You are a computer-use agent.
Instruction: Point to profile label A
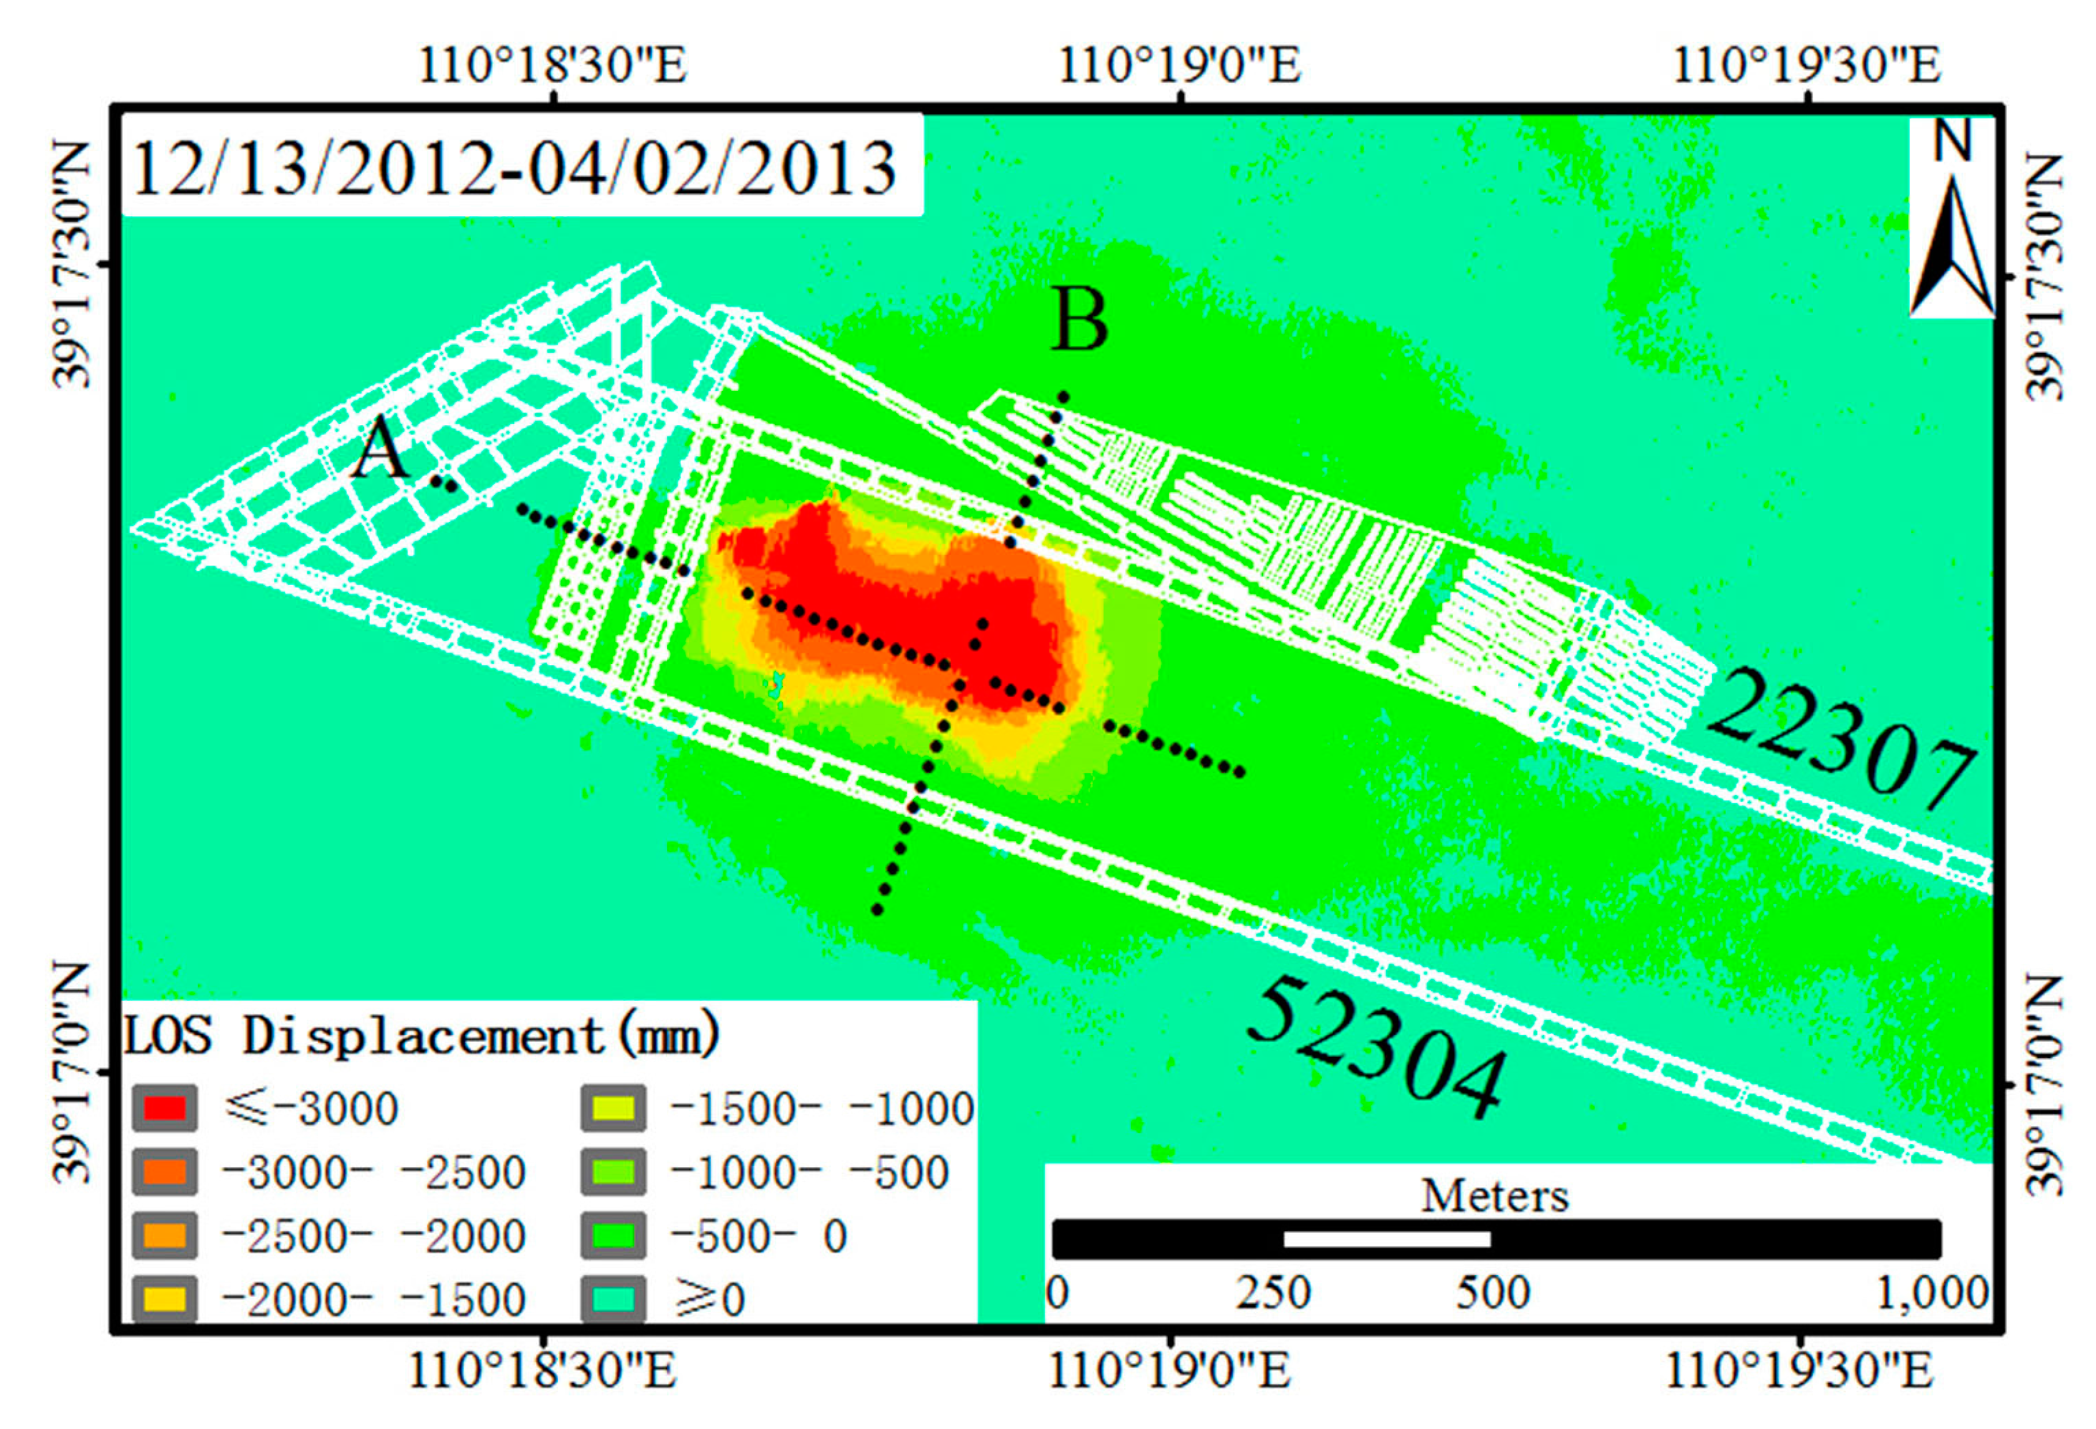point(380,448)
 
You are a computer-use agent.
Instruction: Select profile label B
point(1080,320)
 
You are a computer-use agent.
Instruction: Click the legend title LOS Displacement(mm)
point(422,1035)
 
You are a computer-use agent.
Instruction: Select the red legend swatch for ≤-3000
point(164,1108)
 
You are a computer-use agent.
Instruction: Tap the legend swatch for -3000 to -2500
point(164,1172)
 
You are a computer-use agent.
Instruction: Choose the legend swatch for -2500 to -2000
point(164,1235)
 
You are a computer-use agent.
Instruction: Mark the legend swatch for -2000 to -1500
point(164,1299)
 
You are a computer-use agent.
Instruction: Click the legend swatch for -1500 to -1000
point(613,1108)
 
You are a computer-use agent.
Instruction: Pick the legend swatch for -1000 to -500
point(613,1172)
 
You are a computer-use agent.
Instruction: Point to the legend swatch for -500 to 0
point(613,1235)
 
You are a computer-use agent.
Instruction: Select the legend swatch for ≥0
point(613,1299)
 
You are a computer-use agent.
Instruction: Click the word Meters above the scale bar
point(1494,1196)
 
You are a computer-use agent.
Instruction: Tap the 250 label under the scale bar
point(1272,1293)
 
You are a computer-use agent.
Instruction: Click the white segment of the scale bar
point(1386,1239)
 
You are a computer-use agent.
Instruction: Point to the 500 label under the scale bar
point(1493,1293)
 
